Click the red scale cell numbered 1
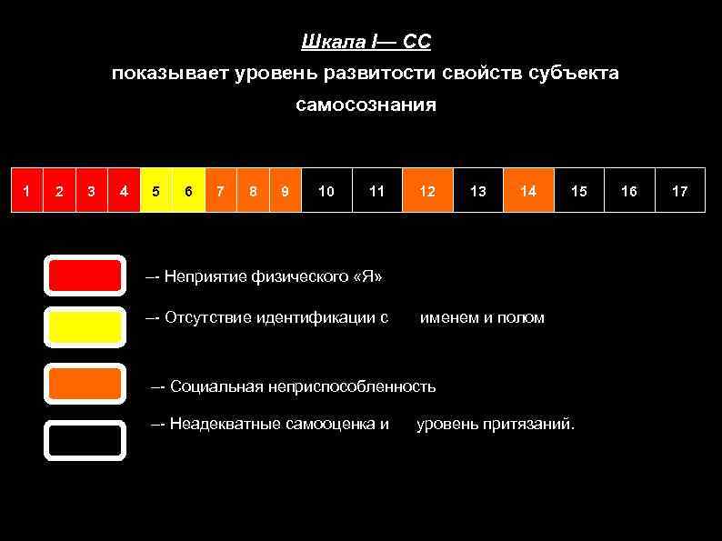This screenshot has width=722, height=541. (x=26, y=190)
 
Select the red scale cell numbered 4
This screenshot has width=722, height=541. (x=123, y=190)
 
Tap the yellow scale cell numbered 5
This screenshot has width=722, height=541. (x=156, y=190)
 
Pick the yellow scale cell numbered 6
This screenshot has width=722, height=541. (x=188, y=190)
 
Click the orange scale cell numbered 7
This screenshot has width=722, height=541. (x=220, y=190)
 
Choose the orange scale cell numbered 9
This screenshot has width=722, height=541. (x=285, y=190)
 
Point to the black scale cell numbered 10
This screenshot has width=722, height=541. (x=326, y=190)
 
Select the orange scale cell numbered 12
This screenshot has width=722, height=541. (x=427, y=190)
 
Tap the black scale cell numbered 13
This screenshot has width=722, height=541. (x=477, y=190)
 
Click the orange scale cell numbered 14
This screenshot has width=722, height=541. (x=528, y=190)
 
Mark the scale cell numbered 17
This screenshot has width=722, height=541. (x=679, y=190)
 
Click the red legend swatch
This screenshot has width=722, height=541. (x=85, y=276)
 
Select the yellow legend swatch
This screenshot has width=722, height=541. (x=85, y=326)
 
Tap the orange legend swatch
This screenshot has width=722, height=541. (x=85, y=384)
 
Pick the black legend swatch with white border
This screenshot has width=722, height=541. (x=85, y=440)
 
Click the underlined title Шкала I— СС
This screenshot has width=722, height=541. (x=366, y=42)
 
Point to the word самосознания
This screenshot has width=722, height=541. (x=366, y=105)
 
